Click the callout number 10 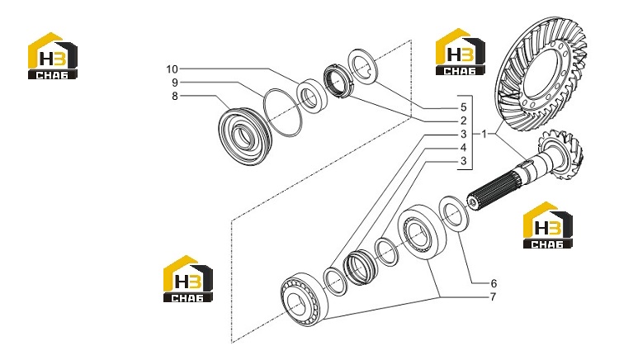pos(172,69)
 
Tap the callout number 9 pos(175,83)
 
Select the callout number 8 pos(175,97)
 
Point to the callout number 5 pos(464,107)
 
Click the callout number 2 pos(464,121)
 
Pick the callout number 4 pos(464,148)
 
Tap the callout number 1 pos(484,135)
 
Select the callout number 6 pos(494,283)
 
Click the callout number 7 pos(493,296)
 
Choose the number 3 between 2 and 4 pos(464,135)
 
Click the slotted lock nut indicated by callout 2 pos(337,81)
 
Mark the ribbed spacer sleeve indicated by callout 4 pos(360,268)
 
